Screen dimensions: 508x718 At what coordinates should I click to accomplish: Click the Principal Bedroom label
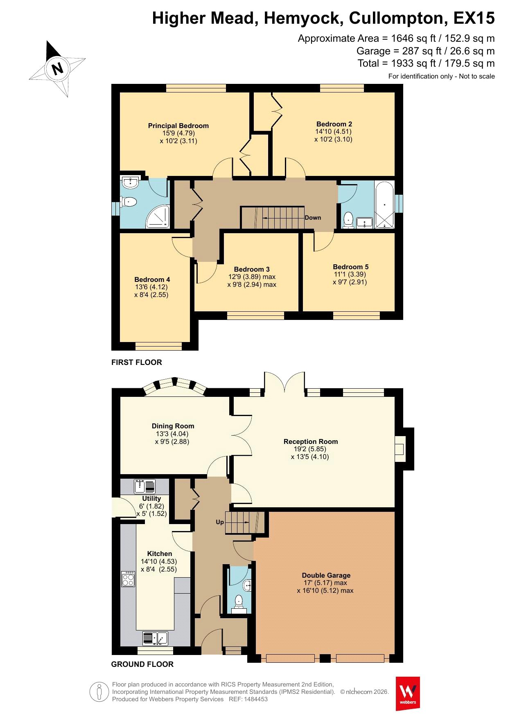click(x=178, y=126)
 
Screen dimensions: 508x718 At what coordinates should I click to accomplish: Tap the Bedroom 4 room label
click(x=152, y=279)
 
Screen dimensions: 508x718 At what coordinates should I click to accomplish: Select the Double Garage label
click(x=326, y=575)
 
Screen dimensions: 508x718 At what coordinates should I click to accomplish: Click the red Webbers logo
click(x=408, y=693)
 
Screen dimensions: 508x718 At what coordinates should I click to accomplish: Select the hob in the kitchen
click(x=128, y=579)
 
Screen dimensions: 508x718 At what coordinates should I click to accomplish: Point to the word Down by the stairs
click(x=313, y=218)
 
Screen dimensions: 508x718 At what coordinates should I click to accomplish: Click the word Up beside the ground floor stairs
click(x=220, y=522)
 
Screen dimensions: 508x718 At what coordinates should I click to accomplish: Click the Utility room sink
click(x=144, y=486)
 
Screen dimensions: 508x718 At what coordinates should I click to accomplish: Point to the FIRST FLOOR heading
click(x=137, y=362)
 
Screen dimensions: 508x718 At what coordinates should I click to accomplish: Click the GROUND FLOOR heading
click(x=142, y=664)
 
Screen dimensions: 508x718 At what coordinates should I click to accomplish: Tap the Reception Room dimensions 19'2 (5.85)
click(x=311, y=449)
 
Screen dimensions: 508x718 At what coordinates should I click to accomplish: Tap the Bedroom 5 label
click(x=351, y=267)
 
